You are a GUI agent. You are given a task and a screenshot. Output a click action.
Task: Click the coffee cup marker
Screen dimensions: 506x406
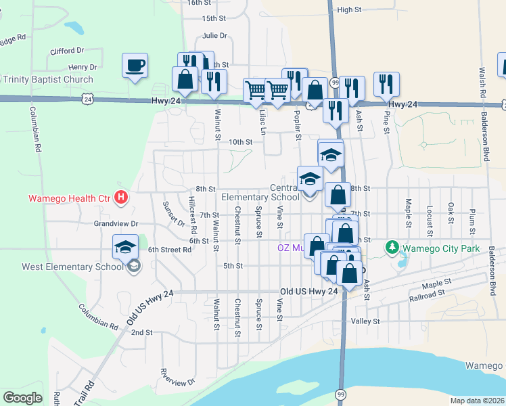[x=135, y=66]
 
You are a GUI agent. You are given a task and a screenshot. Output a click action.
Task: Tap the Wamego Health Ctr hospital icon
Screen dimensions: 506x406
[x=121, y=198]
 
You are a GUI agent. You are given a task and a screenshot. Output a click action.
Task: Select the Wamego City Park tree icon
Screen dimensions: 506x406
[x=392, y=248]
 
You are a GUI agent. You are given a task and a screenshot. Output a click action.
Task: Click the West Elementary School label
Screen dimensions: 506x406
[x=72, y=267]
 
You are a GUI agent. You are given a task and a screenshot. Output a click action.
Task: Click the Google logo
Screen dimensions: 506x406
[x=22, y=398]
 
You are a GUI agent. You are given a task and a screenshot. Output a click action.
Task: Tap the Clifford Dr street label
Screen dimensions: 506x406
[x=67, y=51]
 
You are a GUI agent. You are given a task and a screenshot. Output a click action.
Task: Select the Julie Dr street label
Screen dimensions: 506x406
[x=214, y=36]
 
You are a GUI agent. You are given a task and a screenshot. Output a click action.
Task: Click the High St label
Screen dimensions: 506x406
[x=350, y=9]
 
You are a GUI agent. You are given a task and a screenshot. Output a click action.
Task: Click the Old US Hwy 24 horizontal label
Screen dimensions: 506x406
[x=308, y=292]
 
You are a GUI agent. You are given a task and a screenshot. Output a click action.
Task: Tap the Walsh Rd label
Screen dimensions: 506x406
[x=482, y=81]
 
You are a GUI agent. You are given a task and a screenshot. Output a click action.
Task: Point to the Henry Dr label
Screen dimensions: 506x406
[x=83, y=67]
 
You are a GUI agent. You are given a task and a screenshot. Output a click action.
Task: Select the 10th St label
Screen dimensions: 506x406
[x=240, y=142]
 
